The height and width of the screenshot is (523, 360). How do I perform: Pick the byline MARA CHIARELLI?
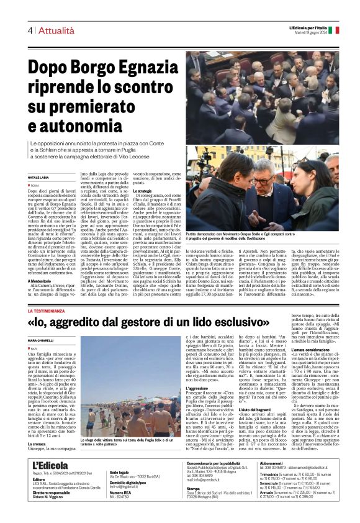pos(42,342)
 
